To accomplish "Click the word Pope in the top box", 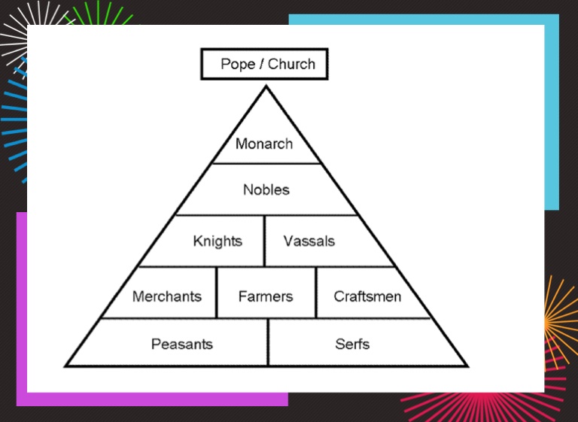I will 238,64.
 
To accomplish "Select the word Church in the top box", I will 291,64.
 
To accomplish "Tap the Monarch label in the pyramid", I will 264,144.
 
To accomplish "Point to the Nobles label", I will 266,190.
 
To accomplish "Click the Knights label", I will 218,241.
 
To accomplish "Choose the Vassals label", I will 309,241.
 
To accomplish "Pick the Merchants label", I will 166,296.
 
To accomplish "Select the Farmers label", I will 265,296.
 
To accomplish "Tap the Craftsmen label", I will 367,296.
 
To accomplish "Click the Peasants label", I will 182,345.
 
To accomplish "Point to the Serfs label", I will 352,345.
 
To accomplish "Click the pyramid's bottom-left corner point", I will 65,366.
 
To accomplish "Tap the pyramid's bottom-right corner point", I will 467,366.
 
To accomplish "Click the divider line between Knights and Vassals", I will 264,241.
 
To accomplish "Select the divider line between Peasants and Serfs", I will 268,342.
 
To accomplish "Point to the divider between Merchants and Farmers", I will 217,292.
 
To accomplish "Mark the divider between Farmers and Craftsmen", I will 316,292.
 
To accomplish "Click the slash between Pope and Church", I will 261,64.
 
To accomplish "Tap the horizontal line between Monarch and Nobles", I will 266,163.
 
